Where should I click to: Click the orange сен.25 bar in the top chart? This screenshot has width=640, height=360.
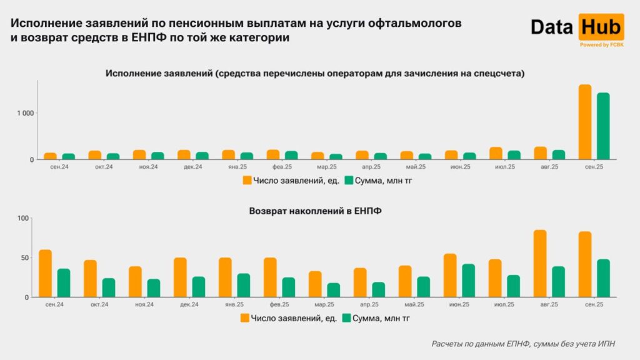click(585, 122)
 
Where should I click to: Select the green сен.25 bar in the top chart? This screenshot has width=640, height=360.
click(603, 126)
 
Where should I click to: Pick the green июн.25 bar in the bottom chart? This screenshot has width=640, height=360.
click(468, 281)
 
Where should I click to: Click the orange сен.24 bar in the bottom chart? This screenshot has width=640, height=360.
click(45, 274)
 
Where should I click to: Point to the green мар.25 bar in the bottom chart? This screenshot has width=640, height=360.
click(333, 290)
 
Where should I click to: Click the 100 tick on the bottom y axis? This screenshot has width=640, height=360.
click(23, 218)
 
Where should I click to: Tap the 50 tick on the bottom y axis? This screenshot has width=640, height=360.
click(25, 257)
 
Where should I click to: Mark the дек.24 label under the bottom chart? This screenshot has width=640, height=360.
click(189, 305)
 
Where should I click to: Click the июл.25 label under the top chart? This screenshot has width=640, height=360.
click(504, 167)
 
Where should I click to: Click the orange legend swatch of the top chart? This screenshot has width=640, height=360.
click(247, 181)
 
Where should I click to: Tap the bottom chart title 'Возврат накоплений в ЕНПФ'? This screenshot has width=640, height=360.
click(316, 211)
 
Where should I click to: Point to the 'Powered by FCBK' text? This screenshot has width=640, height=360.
click(601, 45)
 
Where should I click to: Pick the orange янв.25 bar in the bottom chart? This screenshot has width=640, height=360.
click(225, 277)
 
